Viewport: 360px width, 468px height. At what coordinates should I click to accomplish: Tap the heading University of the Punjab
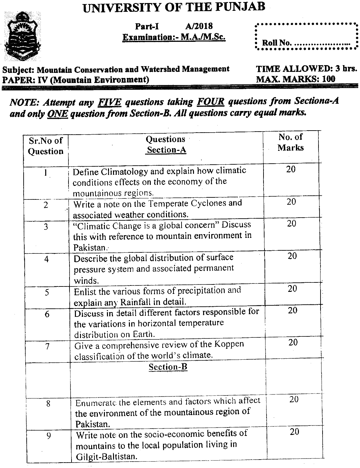click(174, 7)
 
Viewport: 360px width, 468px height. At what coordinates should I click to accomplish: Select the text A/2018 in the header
click(199, 26)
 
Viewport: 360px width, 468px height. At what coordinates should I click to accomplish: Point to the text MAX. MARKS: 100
click(296, 79)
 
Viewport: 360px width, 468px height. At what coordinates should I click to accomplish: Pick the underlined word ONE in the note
click(58, 114)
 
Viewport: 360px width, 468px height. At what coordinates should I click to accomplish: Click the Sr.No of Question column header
click(46, 146)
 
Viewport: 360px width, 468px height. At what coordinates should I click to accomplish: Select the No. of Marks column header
click(290, 142)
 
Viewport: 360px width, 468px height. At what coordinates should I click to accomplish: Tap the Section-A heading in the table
click(166, 150)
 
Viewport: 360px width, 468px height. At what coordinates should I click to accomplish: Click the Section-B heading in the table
click(168, 367)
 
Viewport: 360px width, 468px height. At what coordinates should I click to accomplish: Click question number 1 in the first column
click(45, 173)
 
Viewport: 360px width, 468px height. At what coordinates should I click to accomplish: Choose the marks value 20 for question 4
click(292, 256)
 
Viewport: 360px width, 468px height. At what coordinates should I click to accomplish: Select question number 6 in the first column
click(47, 314)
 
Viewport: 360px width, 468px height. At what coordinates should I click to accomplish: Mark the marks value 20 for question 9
click(294, 432)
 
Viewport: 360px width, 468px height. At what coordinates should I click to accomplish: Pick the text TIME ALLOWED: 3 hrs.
click(306, 69)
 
